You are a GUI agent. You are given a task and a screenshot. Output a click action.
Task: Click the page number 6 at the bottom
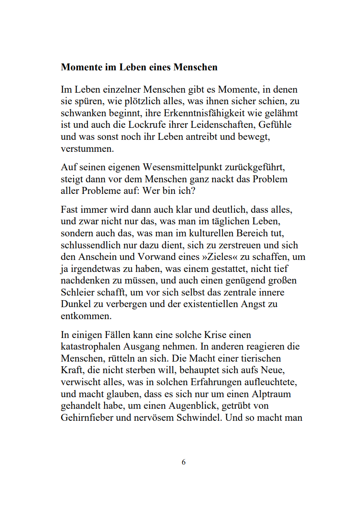[183, 462]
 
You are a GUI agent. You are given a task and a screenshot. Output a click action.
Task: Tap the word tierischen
[261, 358]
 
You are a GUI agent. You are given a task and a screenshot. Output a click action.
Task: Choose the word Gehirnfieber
[87, 417]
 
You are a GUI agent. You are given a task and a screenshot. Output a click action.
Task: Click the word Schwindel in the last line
[198, 417]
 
